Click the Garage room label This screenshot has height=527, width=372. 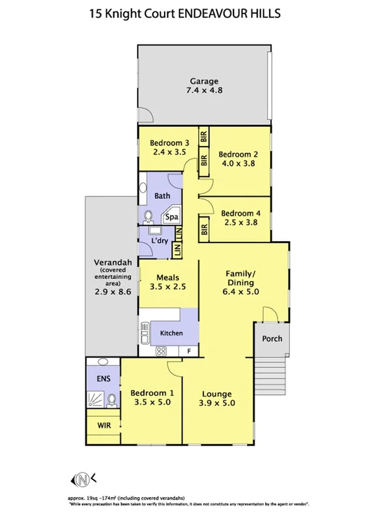(204, 81)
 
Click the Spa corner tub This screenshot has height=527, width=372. (171, 218)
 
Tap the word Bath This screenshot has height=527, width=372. (162, 196)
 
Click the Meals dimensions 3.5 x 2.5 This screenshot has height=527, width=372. (168, 287)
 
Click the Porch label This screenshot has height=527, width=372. (272, 339)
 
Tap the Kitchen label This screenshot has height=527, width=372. (171, 333)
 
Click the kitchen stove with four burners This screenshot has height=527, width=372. (161, 351)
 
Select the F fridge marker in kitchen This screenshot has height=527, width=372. (189, 351)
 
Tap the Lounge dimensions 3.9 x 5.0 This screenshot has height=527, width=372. (217, 403)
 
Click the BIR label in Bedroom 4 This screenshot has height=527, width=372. (204, 229)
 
